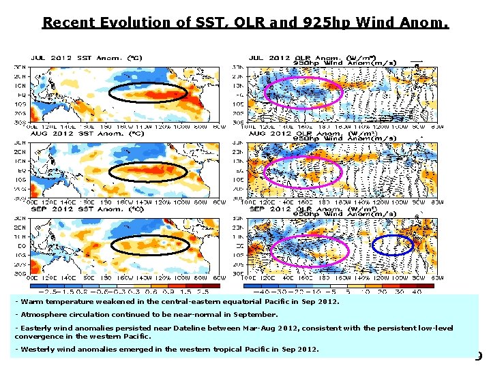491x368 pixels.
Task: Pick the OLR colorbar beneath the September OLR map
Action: point(341,286)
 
